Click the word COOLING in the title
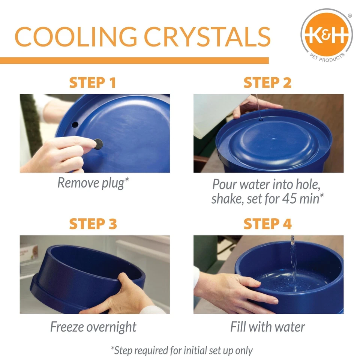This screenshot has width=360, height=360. coord(76,37)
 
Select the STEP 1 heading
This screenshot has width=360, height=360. coord(92,83)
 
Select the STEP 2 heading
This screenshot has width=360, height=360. coord(267,83)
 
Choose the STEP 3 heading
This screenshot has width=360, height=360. coord(93,224)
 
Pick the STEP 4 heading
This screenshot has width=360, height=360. coord(267,224)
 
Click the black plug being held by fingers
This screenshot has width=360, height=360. coord(99,144)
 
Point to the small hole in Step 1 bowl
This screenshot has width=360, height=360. coord(75,124)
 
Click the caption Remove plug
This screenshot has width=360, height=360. coord(93,183)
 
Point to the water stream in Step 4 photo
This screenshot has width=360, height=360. coord(293,262)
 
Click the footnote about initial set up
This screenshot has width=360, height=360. coord(182,350)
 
